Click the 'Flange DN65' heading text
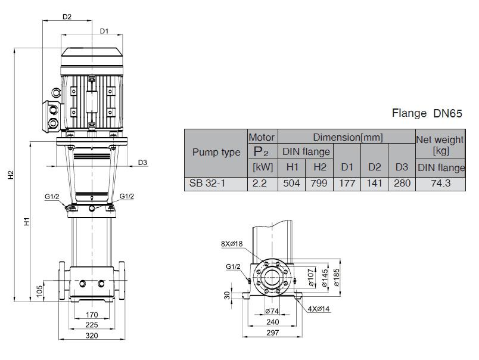tap(427, 113)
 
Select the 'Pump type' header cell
tap(216, 152)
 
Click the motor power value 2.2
tap(262, 184)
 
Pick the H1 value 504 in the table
tap(292, 184)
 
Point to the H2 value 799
tap(319, 184)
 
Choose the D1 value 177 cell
tap(347, 184)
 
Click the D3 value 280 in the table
tap(402, 184)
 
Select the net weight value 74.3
tap(441, 184)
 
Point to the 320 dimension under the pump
tap(92, 336)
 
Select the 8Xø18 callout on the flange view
tap(232, 243)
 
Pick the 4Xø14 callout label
tap(320, 309)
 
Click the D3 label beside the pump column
tap(142, 162)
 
